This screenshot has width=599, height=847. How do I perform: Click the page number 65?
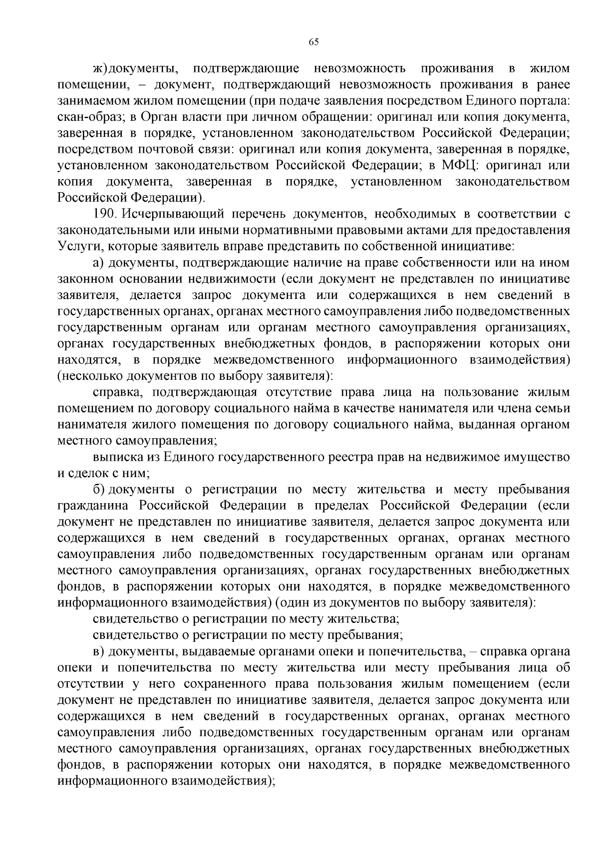tap(313, 42)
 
